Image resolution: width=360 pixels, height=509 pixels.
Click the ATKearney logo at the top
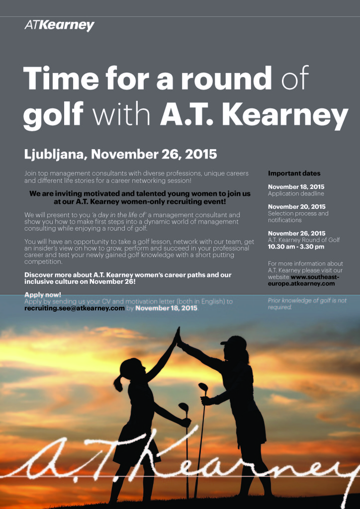(59, 25)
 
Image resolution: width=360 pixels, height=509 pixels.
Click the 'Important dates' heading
(294, 173)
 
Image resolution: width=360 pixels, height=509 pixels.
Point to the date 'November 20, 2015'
(297, 206)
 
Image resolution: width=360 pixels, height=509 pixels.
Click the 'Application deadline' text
(296, 193)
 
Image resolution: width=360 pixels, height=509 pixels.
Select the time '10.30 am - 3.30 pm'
(296, 247)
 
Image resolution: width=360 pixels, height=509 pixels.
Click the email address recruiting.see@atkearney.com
(75, 308)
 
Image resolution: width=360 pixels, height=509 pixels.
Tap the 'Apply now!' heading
(43, 295)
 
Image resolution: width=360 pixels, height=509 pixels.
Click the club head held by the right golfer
(203, 387)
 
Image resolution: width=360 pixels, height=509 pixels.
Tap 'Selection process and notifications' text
(298, 217)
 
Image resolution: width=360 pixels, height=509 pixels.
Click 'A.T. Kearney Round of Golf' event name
(304, 240)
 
